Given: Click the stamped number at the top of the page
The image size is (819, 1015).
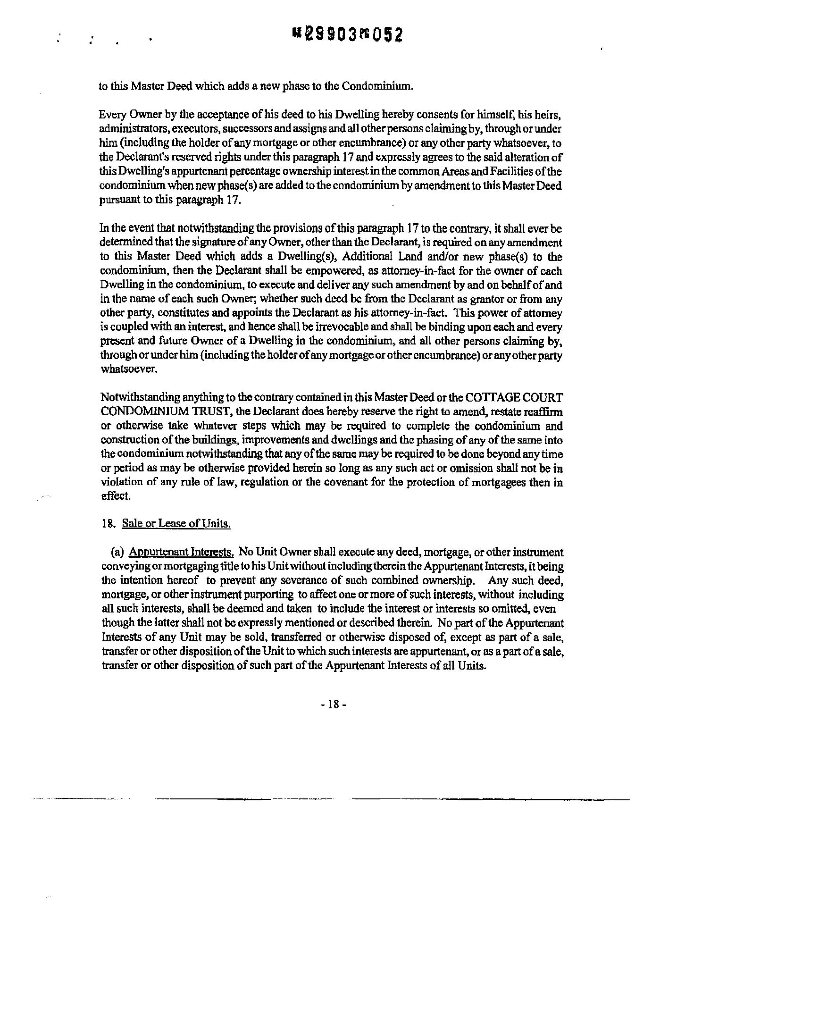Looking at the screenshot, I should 348,34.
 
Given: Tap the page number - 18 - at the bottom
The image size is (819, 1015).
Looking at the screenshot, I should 334,705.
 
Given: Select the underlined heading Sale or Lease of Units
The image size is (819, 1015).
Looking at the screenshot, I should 176,524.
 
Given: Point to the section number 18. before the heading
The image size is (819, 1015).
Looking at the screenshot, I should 109,524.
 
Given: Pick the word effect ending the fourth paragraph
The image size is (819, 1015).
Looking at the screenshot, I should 115,496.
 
